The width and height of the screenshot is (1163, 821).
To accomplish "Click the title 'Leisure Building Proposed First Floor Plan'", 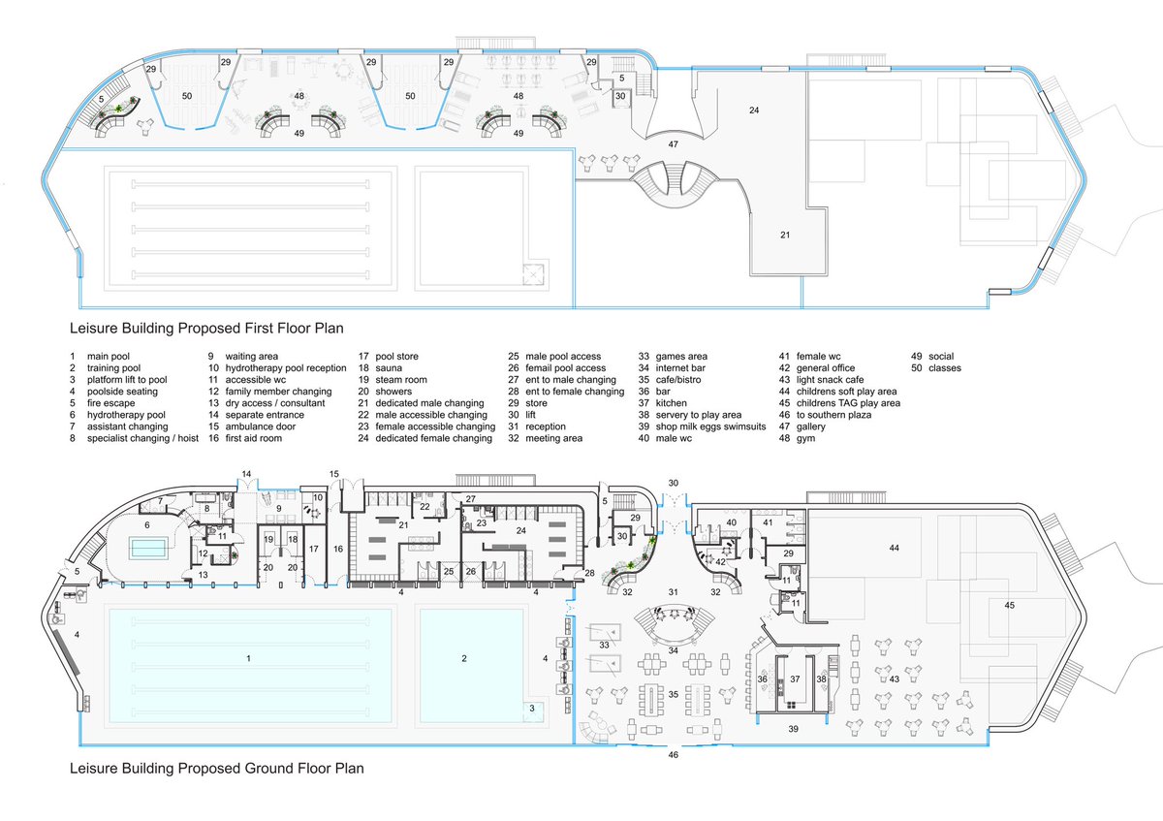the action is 206,329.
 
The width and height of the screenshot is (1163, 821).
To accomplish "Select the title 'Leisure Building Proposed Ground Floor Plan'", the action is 216,769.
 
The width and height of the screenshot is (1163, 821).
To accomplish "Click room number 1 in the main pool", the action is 249,658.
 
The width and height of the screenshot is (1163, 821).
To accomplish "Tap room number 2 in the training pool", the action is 464,658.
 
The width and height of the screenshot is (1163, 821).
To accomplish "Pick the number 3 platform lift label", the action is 532,709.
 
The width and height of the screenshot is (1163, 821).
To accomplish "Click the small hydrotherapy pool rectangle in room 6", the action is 148,548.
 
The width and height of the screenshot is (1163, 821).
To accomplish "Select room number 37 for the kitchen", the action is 795,679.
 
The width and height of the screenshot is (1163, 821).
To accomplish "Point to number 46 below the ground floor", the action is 673,754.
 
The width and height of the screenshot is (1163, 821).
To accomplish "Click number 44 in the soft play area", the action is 894,548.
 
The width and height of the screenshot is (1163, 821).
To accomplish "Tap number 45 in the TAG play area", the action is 1009,605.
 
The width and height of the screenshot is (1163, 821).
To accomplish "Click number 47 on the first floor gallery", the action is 673,144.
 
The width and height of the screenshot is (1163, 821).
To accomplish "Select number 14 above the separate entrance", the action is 246,474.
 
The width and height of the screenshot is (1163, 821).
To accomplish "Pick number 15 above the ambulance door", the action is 333,474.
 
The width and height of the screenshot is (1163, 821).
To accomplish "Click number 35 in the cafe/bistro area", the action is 674,694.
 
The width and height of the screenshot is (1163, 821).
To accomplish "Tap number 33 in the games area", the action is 604,645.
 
